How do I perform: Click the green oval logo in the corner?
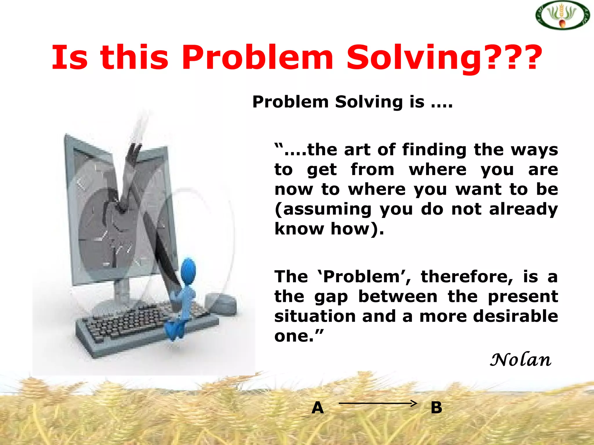coord(562,15)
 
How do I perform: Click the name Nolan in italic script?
coord(520,360)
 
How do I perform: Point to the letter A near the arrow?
coord(318,408)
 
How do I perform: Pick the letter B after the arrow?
coord(436,408)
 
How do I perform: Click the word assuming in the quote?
coord(323,209)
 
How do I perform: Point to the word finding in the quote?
coord(434,150)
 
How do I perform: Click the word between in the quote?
coord(398,296)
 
